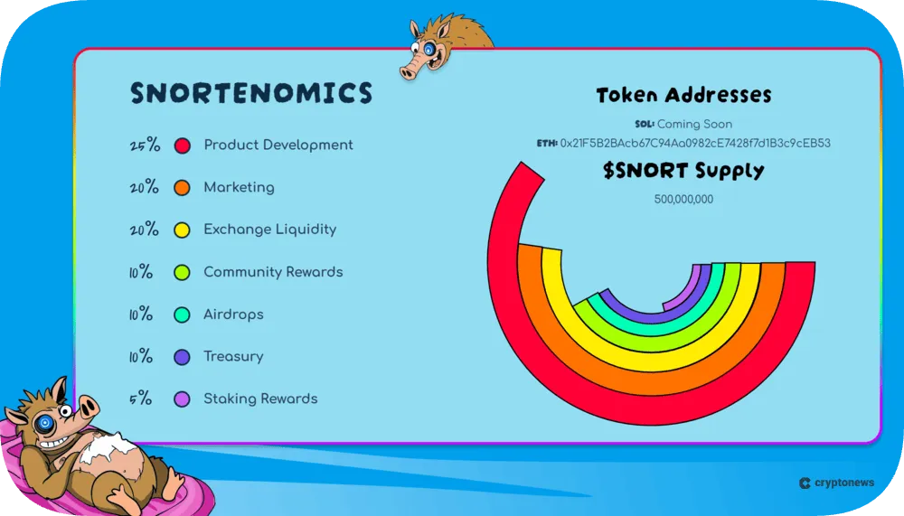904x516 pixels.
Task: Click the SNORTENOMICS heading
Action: pyautogui.click(x=251, y=93)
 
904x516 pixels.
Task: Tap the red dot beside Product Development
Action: pyautogui.click(x=183, y=145)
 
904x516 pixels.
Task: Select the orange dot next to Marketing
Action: pyautogui.click(x=183, y=188)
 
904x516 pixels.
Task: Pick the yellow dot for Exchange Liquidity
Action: pyautogui.click(x=183, y=230)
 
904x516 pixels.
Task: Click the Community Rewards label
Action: pyautogui.click(x=273, y=272)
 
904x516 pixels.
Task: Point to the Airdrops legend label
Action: pyautogui.click(x=233, y=314)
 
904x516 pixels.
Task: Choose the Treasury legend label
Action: pyautogui.click(x=233, y=356)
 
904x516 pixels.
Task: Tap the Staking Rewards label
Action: pyautogui.click(x=260, y=399)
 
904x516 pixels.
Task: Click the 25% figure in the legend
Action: pyautogui.click(x=144, y=145)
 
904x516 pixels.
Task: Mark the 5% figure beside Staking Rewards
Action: pyautogui.click(x=141, y=399)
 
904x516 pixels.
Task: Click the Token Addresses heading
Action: pyautogui.click(x=683, y=95)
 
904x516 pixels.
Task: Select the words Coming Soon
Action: pyautogui.click(x=694, y=124)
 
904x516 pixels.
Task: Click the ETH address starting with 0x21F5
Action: pyautogui.click(x=695, y=143)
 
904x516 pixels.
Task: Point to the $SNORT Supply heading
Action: pyautogui.click(x=683, y=171)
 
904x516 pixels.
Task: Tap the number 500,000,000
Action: pyautogui.click(x=683, y=199)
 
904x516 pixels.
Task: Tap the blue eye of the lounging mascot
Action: pyautogui.click(x=44, y=422)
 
